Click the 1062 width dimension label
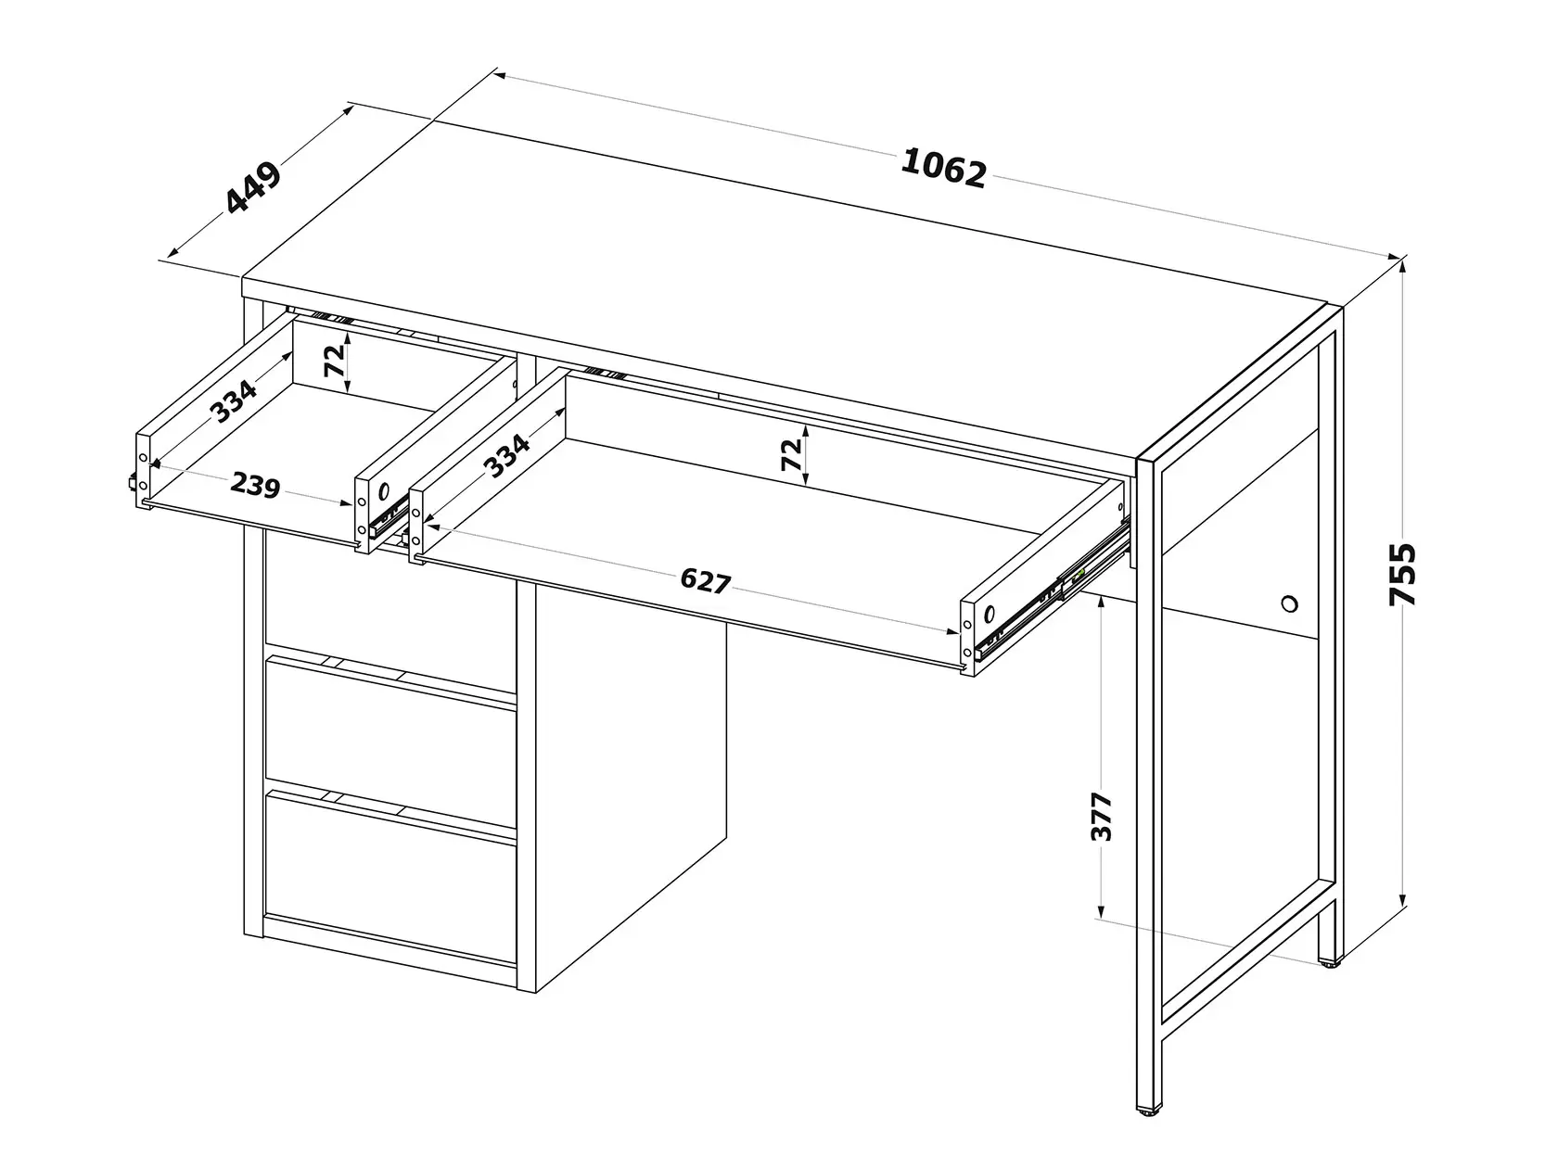(x=943, y=169)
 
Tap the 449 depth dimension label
(x=253, y=188)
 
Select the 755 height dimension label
(x=1402, y=575)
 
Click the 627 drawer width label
(x=705, y=581)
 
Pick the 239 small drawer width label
(x=256, y=485)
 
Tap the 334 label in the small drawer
(x=235, y=400)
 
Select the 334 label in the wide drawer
(x=506, y=455)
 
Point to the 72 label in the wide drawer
(x=791, y=454)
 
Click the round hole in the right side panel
(x=1290, y=604)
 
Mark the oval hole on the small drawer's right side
(x=384, y=490)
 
